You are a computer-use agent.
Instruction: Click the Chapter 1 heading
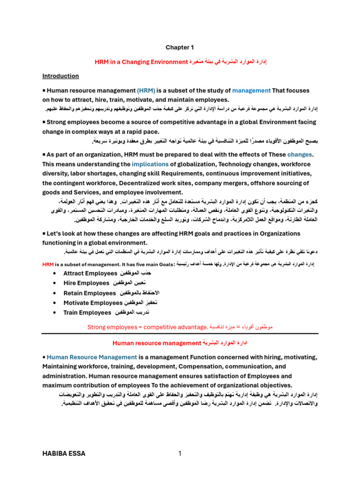click(180, 47)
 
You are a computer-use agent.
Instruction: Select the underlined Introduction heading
click(60, 76)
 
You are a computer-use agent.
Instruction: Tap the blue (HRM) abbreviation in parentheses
click(143, 90)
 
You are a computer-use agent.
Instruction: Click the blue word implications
click(150, 164)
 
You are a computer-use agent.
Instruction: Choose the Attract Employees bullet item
click(90, 273)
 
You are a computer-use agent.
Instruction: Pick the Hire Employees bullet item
click(86, 283)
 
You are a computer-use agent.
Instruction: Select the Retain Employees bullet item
click(89, 293)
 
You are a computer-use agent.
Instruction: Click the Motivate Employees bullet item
click(92, 303)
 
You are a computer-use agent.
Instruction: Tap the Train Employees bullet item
click(87, 312)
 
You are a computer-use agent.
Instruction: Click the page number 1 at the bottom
click(180, 453)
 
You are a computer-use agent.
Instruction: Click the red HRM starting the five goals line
click(48, 264)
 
